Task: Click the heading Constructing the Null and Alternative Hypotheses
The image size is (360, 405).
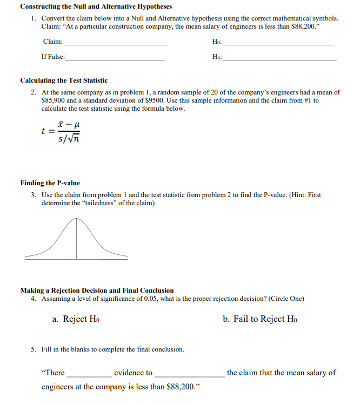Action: click(x=96, y=6)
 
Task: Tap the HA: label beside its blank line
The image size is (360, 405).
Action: click(x=217, y=57)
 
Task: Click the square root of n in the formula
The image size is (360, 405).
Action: click(x=76, y=139)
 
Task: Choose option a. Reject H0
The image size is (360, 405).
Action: click(x=76, y=319)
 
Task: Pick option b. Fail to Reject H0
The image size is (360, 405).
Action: click(x=260, y=319)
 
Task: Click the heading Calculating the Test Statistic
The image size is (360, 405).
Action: click(x=64, y=80)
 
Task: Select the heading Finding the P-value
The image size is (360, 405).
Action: click(x=50, y=183)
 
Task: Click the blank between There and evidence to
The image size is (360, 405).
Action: click(x=89, y=374)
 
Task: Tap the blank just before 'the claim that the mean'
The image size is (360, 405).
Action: click(x=189, y=374)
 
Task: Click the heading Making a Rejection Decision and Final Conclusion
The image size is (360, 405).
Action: click(x=97, y=291)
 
